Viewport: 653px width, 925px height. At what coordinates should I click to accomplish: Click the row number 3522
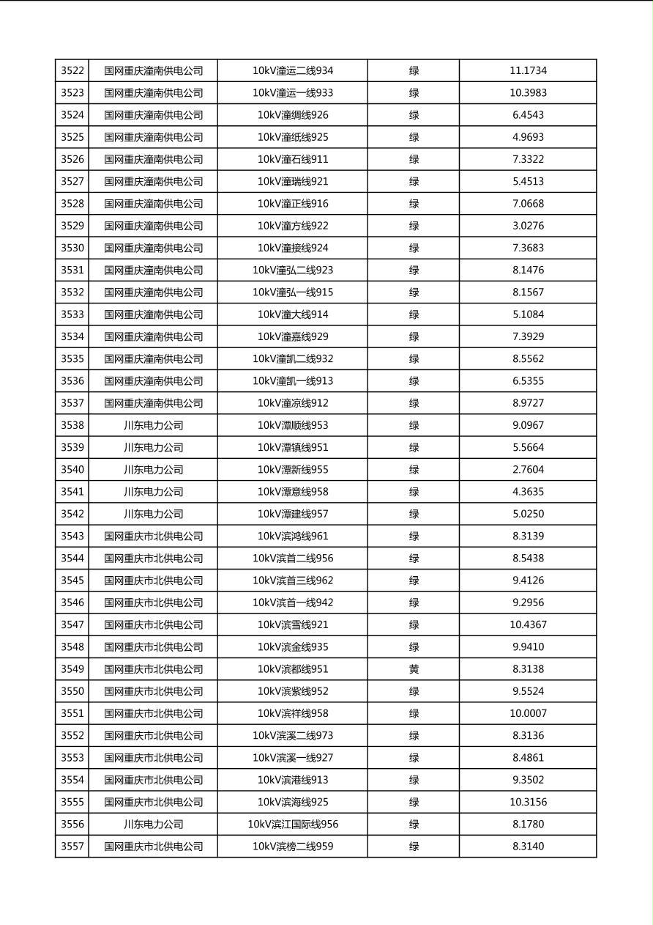(72, 71)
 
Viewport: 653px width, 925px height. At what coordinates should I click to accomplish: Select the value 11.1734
(528, 71)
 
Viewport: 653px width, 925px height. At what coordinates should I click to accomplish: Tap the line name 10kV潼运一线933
(293, 93)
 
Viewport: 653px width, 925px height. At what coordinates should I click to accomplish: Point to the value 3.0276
(528, 226)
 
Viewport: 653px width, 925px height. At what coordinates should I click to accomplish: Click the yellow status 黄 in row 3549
(414, 669)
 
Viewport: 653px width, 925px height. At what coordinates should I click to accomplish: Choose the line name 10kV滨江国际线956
(293, 824)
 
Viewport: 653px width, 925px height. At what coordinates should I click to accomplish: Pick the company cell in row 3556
(153, 824)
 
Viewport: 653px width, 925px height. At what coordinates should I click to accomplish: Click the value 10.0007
(528, 713)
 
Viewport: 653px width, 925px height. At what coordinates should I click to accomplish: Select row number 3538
(72, 425)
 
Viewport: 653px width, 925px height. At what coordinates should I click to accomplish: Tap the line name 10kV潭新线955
(293, 470)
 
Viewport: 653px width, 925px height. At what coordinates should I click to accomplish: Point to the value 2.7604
(528, 470)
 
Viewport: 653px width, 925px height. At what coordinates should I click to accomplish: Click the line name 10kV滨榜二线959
(293, 847)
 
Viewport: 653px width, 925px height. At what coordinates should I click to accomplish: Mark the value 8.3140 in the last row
(528, 847)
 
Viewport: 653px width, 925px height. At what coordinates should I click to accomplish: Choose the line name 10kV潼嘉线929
(293, 336)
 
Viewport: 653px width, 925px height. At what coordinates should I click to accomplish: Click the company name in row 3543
(153, 536)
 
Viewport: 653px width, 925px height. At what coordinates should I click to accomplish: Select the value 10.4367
(528, 624)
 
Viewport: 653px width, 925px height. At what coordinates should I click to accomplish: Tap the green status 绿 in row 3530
(414, 248)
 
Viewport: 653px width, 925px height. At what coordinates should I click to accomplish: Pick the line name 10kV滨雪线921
(293, 624)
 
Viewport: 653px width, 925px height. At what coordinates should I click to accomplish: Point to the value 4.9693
(528, 137)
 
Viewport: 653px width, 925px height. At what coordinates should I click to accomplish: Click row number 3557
(72, 847)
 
